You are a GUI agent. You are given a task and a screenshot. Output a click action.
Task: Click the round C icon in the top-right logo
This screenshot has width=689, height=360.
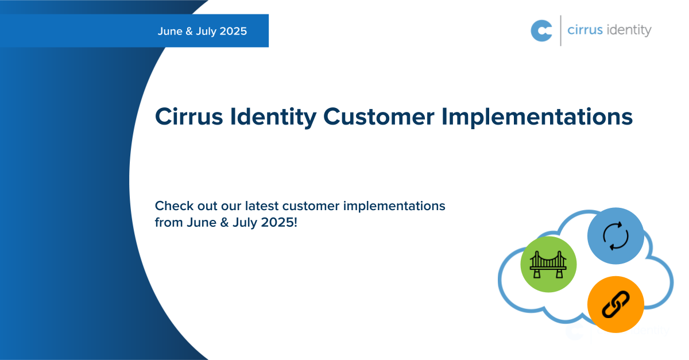pos(541,30)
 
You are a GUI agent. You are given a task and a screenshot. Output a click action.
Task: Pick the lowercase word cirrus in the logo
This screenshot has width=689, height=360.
pos(585,30)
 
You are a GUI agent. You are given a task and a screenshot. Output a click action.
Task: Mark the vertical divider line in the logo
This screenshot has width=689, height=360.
pos(560,30)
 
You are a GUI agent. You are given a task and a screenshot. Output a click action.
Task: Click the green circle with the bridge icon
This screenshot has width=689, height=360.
pos(548,264)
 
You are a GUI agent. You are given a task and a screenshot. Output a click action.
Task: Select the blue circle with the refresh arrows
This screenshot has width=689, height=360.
pos(616,236)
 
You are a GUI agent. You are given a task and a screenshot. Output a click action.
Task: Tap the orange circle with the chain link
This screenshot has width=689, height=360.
pos(616,304)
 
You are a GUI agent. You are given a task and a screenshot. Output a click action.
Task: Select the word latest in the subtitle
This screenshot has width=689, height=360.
pos(262,206)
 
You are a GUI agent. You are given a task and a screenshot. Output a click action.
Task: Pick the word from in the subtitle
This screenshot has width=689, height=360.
pos(168,223)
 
